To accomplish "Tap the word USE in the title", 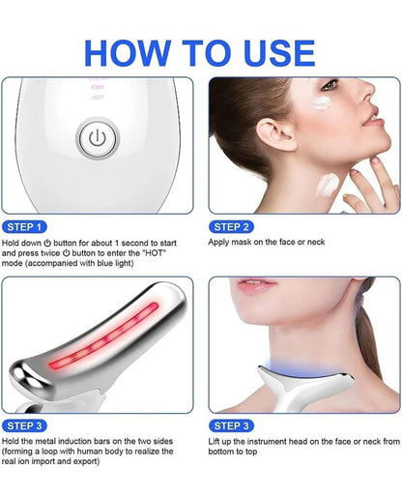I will (x=272, y=53).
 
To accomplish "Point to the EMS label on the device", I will (x=97, y=88).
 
